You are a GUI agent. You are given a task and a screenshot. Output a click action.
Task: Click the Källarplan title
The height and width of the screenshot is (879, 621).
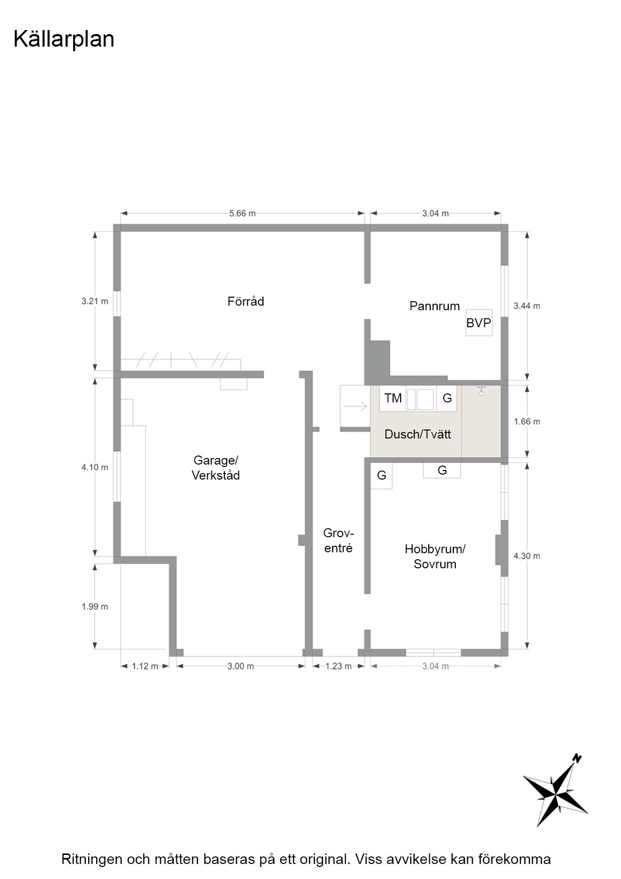coord(64,39)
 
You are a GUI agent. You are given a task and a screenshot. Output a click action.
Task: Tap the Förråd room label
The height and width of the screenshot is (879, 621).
coord(245,301)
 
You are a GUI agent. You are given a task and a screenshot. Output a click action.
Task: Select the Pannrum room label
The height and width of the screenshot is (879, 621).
coord(435,306)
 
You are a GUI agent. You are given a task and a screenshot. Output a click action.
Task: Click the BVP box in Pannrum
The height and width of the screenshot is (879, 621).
coord(479,323)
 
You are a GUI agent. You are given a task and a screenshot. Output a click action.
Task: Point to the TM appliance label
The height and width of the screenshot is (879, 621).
coord(393,398)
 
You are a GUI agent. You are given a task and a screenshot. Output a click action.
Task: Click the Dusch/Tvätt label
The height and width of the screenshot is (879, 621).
coord(418,434)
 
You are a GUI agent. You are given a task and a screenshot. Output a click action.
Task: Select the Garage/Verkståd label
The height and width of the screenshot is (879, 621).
coord(216,468)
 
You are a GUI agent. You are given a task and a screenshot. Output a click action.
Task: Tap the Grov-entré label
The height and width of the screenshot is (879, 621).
coord(339,540)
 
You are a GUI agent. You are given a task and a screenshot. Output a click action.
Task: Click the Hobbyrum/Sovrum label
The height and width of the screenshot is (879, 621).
coord(435,556)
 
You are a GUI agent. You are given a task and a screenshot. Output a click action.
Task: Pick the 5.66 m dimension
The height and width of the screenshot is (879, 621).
coord(242,213)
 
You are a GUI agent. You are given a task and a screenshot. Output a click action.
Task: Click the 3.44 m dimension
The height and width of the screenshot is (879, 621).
coord(527,306)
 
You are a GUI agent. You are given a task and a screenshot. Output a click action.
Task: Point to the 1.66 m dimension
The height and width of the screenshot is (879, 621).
coord(527,421)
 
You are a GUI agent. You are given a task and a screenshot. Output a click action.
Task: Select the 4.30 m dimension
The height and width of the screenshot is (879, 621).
coord(527,556)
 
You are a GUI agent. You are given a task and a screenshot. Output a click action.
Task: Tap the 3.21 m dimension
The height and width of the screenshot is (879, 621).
coord(95,301)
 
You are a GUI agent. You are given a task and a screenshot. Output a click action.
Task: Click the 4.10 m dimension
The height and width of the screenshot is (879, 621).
coord(95,467)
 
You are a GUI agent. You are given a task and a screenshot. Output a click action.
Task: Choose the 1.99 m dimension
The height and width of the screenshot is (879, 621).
coord(95,606)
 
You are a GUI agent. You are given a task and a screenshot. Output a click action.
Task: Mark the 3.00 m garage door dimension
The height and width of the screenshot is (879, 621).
coord(240,666)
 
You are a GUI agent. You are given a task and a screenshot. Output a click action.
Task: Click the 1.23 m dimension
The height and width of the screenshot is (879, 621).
coord(339,666)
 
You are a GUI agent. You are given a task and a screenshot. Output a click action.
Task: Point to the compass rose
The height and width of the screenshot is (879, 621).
coord(556,790)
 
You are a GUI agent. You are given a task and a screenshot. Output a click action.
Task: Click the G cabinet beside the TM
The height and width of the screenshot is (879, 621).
coord(447,398)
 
